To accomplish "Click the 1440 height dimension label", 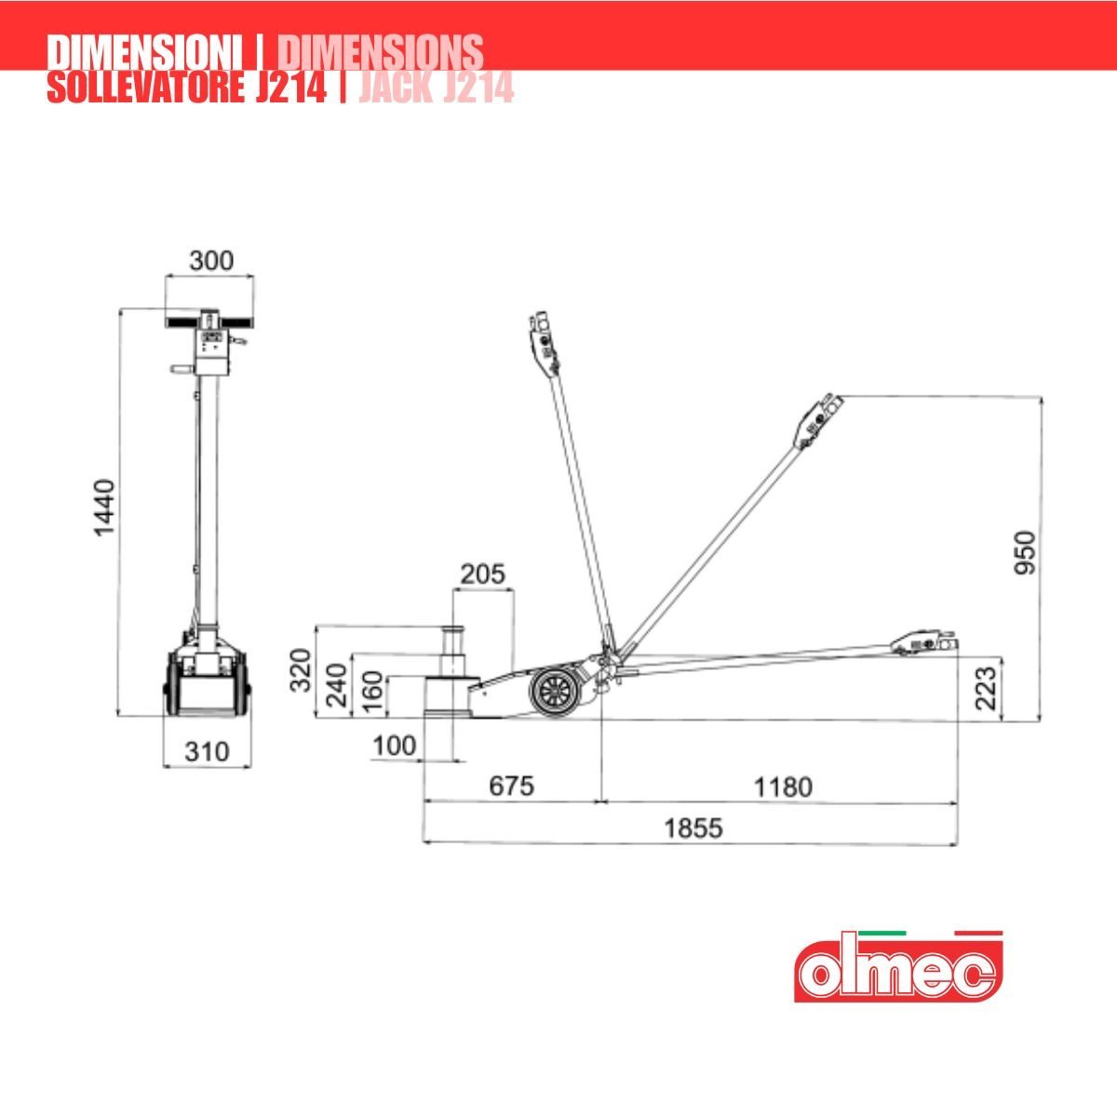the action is tap(105, 508).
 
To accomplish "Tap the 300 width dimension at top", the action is tap(211, 261).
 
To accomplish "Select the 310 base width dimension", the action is tap(207, 752).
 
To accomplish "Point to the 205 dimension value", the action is tap(483, 574).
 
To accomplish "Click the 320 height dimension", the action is tap(301, 670).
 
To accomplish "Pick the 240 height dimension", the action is tap(336, 685).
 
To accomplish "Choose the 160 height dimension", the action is tap(372, 692).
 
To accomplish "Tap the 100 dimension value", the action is tap(394, 746).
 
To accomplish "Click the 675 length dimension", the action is tap(511, 786).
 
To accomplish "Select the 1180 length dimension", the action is tap(783, 787).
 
